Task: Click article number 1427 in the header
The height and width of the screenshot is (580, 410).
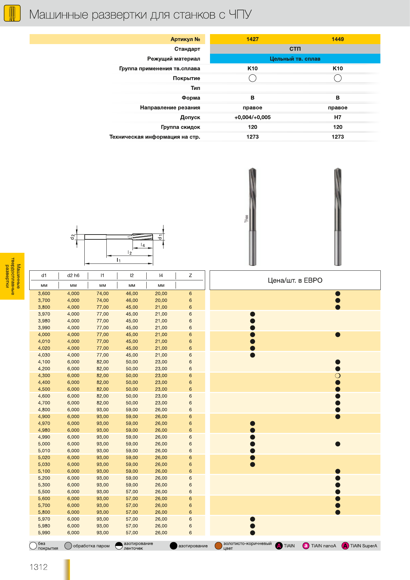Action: pos(252,39)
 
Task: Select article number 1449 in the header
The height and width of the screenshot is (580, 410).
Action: pos(337,39)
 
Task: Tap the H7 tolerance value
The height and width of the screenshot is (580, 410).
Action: pos(337,117)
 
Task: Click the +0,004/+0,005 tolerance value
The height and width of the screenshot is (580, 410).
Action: pos(252,117)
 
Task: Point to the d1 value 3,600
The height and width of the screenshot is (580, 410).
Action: pos(44,294)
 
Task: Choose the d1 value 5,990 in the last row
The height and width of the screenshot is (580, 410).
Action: pos(44,533)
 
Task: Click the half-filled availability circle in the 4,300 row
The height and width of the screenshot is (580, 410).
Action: pos(338,376)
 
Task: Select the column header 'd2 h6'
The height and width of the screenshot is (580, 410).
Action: pos(73,276)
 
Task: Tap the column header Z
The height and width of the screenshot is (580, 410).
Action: pos(190,276)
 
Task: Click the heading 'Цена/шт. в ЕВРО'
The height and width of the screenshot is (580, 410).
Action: pos(295,280)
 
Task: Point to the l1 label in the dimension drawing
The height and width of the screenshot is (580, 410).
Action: pos(119,260)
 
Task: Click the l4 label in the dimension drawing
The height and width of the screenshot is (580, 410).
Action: pos(143,245)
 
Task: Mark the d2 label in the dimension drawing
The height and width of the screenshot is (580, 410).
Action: pos(72,237)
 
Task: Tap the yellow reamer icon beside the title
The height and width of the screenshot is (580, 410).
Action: pos(12,14)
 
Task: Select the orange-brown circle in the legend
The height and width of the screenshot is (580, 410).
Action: pos(218,546)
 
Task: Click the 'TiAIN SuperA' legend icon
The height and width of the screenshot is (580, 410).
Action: pos(345,546)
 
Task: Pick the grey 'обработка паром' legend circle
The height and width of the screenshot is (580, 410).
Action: pos(68,546)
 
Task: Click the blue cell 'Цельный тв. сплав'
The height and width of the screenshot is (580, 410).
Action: pos(295,59)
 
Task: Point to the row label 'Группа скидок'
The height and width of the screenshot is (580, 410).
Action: pos(180,127)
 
